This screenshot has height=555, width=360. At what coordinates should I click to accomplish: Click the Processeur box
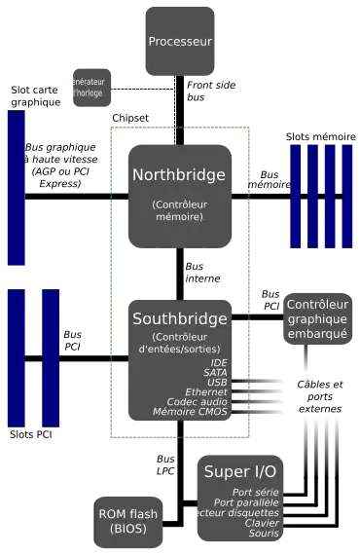click(180, 41)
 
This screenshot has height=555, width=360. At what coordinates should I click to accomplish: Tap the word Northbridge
click(179, 175)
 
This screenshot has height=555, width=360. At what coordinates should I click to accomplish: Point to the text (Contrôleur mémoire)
click(179, 211)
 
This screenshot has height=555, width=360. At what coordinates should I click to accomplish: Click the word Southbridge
click(179, 318)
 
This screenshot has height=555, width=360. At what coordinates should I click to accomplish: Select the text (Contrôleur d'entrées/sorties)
click(179, 343)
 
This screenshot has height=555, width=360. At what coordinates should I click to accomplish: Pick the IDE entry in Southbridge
click(219, 363)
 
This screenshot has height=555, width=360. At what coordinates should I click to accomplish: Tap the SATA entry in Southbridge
click(215, 373)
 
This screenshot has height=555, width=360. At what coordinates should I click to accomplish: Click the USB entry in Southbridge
click(217, 383)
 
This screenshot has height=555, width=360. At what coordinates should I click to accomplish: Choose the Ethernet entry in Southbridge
click(206, 392)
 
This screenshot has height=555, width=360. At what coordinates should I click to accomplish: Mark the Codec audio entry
click(198, 402)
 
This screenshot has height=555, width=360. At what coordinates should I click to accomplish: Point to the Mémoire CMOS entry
click(191, 412)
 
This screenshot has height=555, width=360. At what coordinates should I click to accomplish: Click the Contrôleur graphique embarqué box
click(317, 319)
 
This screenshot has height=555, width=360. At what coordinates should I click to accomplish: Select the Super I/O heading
click(239, 471)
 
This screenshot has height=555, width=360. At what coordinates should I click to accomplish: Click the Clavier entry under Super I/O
click(263, 523)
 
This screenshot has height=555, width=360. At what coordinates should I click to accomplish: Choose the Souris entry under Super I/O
click(264, 534)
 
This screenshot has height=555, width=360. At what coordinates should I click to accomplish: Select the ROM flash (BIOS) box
click(127, 520)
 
